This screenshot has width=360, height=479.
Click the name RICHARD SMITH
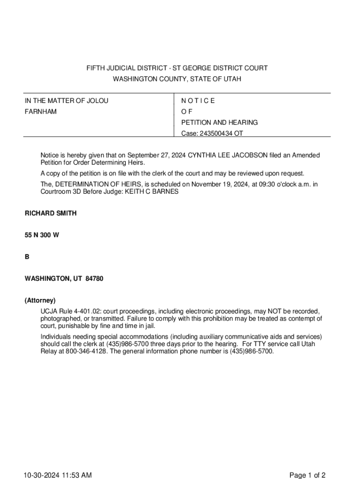point(50,213)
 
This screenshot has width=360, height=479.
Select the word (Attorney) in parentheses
point(40,300)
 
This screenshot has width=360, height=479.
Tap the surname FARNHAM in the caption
point(41,112)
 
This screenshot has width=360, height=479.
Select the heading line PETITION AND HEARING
point(219,123)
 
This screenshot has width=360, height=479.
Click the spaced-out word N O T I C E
point(198,101)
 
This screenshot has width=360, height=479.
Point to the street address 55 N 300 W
point(42,235)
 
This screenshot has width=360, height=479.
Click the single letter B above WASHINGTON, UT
point(27,257)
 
